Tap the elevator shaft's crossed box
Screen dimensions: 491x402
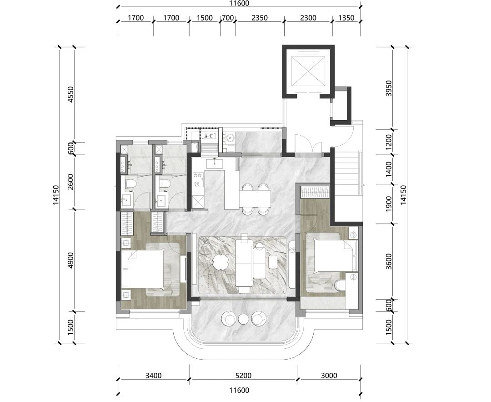[x=308, y=71]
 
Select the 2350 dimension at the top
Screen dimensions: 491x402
[x=260, y=18]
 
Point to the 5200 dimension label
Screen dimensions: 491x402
[x=243, y=375]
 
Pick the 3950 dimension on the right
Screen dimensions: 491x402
[x=389, y=88]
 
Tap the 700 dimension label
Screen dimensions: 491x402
[x=228, y=18]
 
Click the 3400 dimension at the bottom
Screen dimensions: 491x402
[x=154, y=375]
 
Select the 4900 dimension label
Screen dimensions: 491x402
[x=71, y=260]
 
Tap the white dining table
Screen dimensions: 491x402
[x=255, y=199]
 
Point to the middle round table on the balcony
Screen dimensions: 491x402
[x=243, y=319]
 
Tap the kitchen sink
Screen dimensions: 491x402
[x=215, y=163]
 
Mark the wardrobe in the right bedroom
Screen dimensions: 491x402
[x=315, y=192]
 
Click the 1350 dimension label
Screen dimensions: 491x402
[x=346, y=18]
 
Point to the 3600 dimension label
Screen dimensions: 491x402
[x=389, y=261]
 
